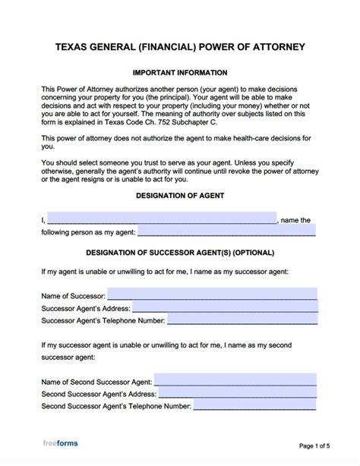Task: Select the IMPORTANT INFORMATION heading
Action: click(x=180, y=73)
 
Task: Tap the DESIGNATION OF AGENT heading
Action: click(x=180, y=195)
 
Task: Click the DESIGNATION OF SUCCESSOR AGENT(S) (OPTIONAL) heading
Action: click(x=180, y=252)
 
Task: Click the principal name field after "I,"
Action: click(x=162, y=219)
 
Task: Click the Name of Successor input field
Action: click(x=213, y=293)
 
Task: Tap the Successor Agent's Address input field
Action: click(x=226, y=307)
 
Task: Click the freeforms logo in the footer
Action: click(x=60, y=442)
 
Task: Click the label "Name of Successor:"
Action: click(x=74, y=294)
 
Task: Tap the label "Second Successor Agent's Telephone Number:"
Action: click(x=115, y=408)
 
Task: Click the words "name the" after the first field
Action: click(x=296, y=220)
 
